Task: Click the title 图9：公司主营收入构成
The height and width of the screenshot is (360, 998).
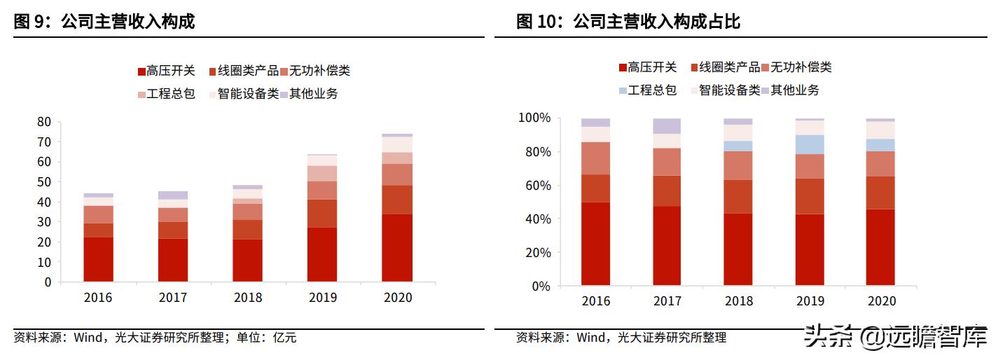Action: (104, 22)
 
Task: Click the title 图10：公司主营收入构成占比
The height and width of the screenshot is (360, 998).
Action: (628, 22)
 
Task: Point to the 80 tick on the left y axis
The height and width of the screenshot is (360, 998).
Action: (44, 122)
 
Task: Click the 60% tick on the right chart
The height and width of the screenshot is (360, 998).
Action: (536, 186)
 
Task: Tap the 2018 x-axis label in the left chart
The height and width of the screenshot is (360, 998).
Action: (247, 298)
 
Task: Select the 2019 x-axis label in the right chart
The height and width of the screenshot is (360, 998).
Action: (810, 301)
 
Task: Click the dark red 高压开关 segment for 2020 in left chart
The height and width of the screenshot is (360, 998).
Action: (397, 248)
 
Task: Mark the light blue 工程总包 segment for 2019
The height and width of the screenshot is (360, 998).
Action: (810, 144)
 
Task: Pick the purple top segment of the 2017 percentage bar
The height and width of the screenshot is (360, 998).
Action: (667, 126)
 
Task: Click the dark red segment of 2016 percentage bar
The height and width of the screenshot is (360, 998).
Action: (595, 244)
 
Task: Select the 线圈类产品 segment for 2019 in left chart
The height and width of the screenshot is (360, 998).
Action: (322, 214)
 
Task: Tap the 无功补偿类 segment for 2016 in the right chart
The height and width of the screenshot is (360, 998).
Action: (595, 158)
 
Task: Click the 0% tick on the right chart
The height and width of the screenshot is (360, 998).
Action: (540, 286)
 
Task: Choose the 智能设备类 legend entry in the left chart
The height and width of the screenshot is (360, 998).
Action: (243, 93)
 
